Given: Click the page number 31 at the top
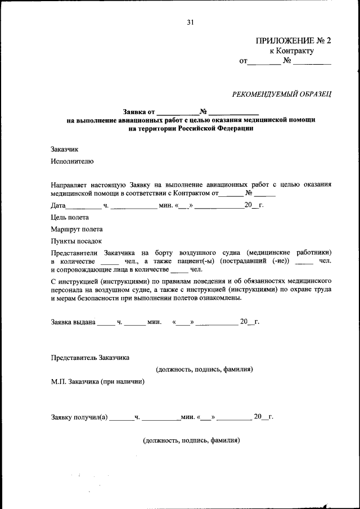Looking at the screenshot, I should point(190,22).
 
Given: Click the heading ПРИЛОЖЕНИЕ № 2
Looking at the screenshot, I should point(294,40).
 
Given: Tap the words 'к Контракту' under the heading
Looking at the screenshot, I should point(291,51).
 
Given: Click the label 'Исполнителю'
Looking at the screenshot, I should point(71,161).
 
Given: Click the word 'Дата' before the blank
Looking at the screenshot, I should point(58,205).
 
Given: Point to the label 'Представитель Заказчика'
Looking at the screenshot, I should point(91,358).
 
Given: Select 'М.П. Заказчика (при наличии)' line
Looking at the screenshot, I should point(97,381).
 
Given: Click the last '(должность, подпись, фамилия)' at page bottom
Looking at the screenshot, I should point(191,440).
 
